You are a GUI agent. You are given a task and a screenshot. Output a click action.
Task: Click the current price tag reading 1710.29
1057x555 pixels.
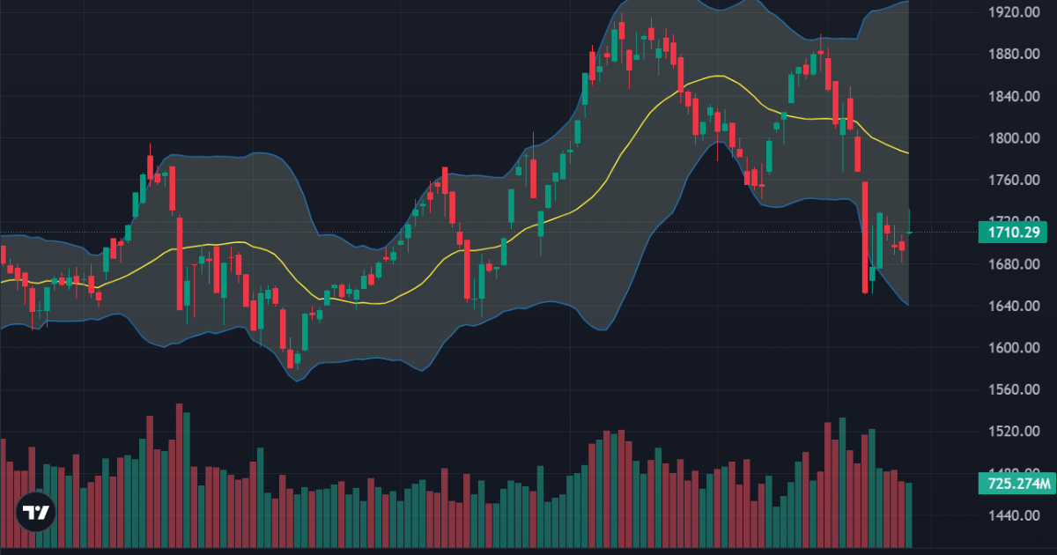click(x=1015, y=233)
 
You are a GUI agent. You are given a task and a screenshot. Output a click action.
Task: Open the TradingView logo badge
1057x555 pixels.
click(x=36, y=513)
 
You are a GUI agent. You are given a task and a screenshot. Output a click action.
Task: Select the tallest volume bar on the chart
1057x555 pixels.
click(x=179, y=476)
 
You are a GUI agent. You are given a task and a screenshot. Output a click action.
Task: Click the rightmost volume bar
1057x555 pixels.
click(x=909, y=514)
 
